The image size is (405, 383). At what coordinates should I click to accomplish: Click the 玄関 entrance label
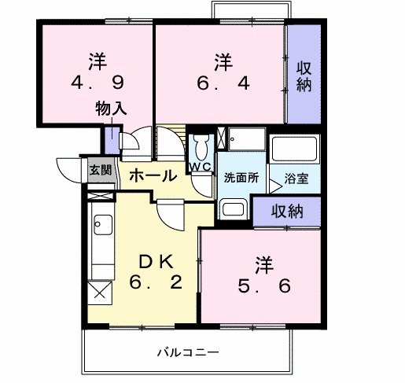tap(100, 169)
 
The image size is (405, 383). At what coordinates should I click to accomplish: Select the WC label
tap(199, 166)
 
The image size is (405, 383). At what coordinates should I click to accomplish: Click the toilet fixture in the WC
tap(201, 147)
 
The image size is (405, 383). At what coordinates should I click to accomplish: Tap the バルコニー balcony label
tap(186, 351)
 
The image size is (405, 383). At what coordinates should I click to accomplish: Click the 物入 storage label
tap(112, 108)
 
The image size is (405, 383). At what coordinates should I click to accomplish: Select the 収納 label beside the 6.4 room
tap(304, 77)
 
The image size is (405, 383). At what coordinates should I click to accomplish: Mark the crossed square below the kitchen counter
tap(101, 293)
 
